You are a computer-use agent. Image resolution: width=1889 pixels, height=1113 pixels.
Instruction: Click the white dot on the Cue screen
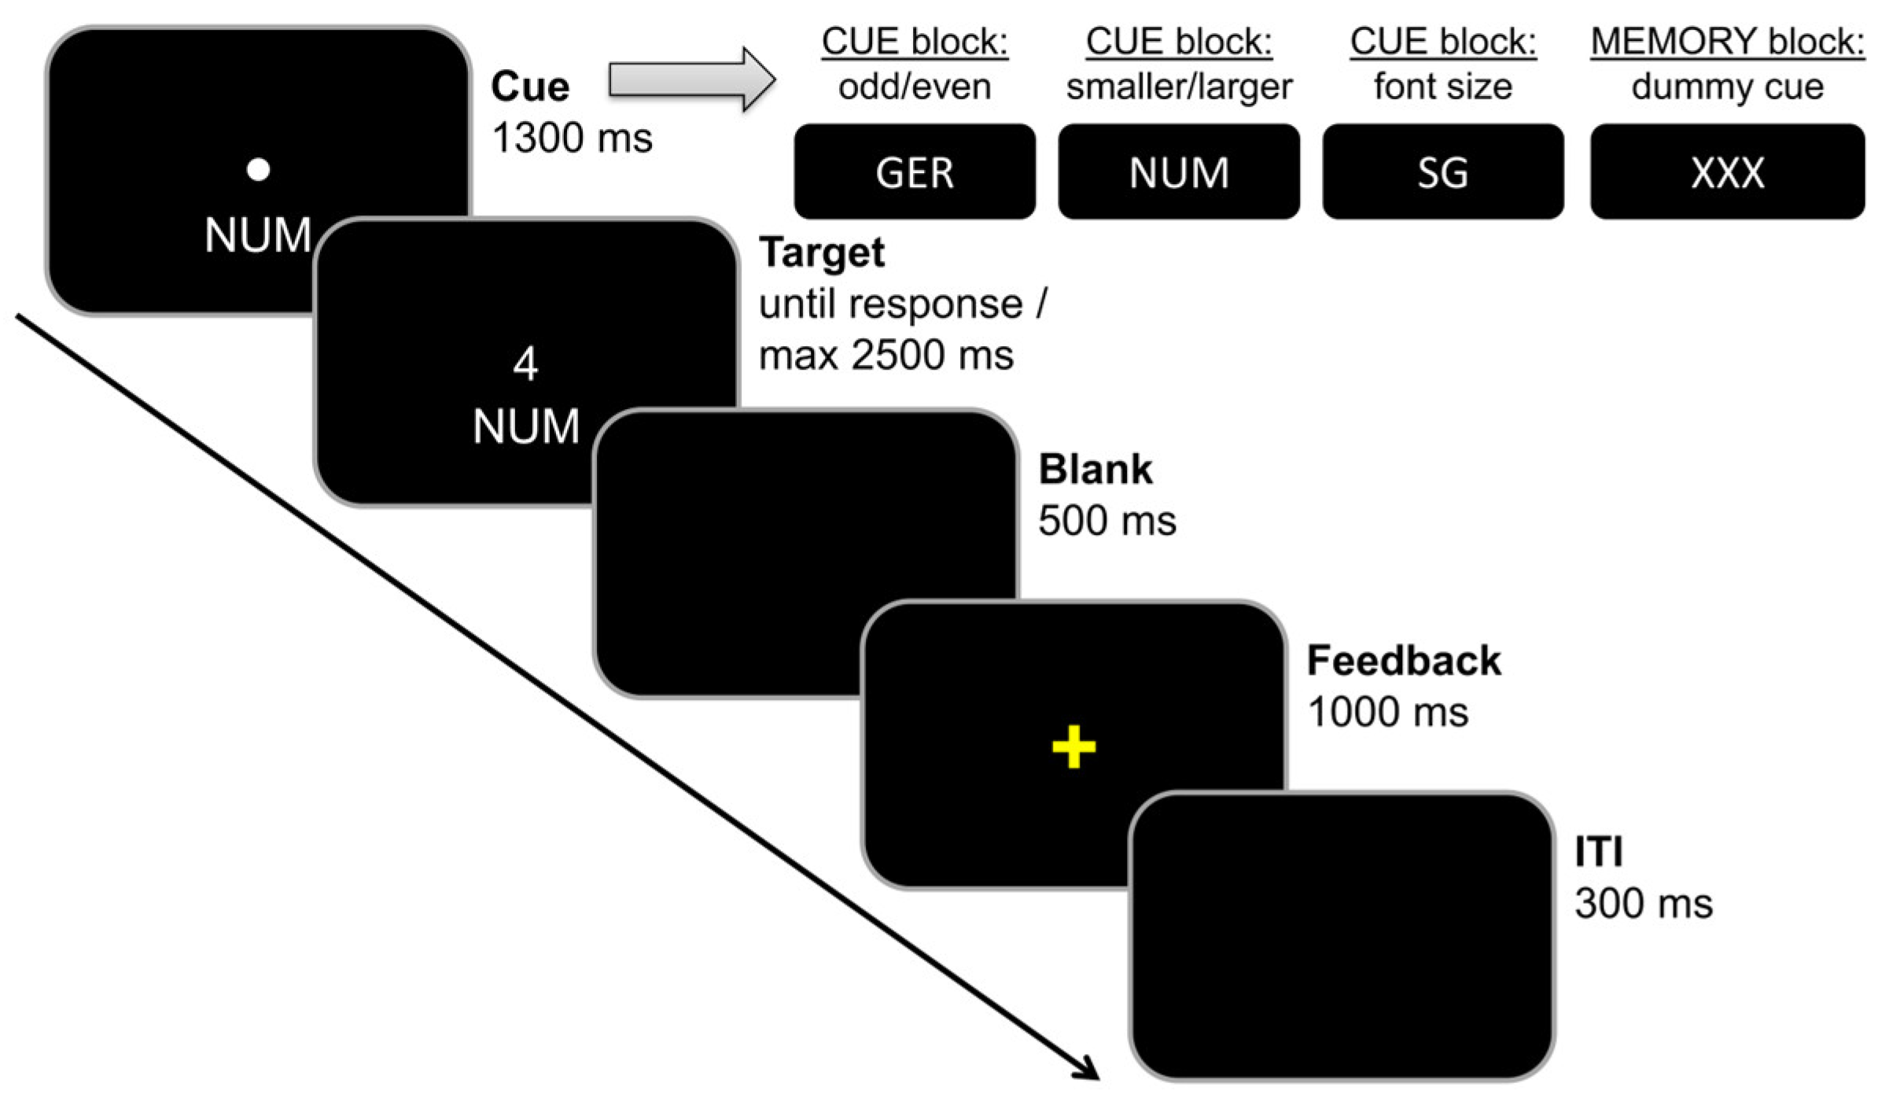(258, 170)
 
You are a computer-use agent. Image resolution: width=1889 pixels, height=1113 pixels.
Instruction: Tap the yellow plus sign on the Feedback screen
(1073, 746)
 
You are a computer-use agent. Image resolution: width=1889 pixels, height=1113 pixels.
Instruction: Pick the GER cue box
(915, 171)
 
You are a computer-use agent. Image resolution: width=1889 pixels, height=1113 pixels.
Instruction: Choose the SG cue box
(1443, 171)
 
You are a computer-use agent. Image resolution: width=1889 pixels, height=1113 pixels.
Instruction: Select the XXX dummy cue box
(1728, 171)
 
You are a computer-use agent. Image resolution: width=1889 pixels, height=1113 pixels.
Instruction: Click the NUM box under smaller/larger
(1179, 171)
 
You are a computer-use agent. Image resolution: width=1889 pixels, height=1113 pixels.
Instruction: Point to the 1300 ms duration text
(572, 138)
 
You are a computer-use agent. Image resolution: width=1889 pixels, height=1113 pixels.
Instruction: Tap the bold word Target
(822, 253)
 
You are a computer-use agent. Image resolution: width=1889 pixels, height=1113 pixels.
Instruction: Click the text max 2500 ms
(886, 356)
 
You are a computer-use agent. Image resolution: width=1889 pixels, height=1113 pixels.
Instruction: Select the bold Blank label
(1095, 470)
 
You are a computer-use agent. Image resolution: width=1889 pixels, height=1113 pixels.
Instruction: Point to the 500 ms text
(1107, 521)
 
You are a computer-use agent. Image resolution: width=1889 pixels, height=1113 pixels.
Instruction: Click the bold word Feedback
(1404, 661)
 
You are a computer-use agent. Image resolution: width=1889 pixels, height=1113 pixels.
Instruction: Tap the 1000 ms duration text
(1387, 713)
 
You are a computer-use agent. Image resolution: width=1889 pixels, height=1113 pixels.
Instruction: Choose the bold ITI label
(1599, 852)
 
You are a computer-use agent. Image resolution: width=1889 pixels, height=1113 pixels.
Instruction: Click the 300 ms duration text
(1644, 904)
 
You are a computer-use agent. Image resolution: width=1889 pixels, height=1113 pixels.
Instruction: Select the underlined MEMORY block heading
(1728, 42)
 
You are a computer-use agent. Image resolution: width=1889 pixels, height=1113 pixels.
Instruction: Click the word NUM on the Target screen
(525, 427)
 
